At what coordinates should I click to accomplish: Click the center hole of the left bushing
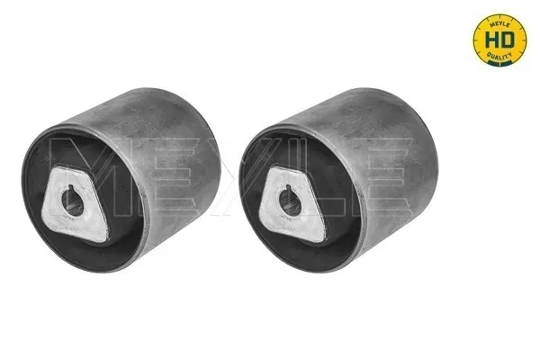73,202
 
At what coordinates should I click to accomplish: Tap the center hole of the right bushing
290,202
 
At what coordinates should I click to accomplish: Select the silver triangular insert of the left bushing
75,204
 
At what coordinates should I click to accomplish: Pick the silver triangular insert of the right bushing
292,204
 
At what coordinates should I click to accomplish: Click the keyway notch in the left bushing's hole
70,188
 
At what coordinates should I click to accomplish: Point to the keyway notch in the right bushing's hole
288,188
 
